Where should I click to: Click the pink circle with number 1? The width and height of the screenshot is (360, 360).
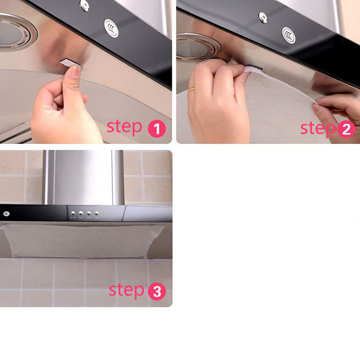click(157, 129)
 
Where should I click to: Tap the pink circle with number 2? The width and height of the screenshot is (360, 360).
click(346, 129)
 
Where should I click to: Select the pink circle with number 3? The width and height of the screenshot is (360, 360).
click(157, 291)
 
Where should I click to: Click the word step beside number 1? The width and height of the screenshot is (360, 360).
click(124, 127)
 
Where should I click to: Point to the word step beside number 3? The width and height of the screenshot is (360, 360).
click(126, 290)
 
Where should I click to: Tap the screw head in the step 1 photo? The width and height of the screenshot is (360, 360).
click(84, 5)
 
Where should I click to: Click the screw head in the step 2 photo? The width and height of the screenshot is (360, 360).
click(263, 18)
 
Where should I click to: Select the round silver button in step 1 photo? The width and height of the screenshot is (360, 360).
click(111, 28)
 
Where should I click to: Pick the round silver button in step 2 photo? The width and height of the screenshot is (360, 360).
click(289, 35)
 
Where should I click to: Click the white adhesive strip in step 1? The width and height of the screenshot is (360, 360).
click(69, 63)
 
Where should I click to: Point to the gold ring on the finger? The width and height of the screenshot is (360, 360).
click(192, 89)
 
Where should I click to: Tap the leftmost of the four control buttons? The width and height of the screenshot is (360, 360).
click(73, 213)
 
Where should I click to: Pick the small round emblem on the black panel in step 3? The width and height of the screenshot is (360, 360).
click(6, 214)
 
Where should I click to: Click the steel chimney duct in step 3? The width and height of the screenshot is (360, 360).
click(84, 177)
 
